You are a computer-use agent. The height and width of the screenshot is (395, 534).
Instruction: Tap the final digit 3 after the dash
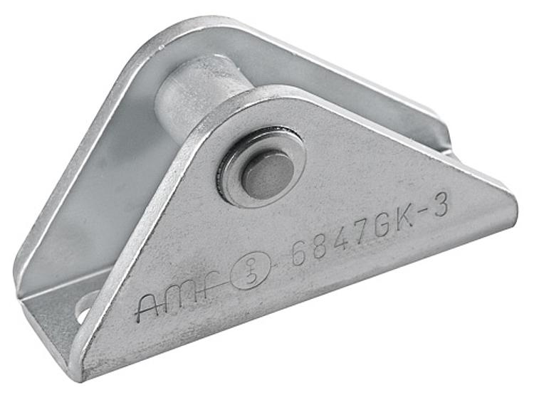click(442, 207)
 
